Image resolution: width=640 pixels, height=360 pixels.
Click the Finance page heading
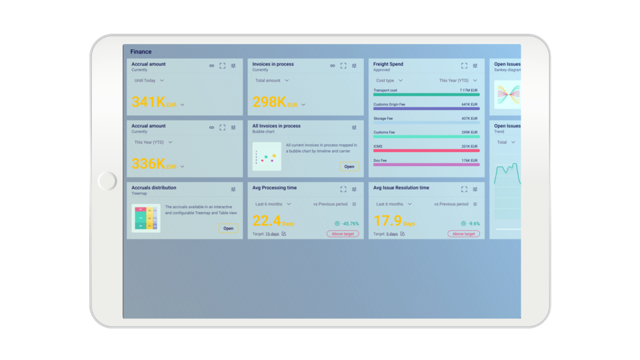[141, 51]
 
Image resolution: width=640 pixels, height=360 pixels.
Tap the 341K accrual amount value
[149, 102]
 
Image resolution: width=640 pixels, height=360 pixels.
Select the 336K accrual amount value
[149, 164]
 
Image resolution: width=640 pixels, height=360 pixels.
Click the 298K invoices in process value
[269, 102]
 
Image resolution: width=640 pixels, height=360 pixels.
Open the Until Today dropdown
[149, 81]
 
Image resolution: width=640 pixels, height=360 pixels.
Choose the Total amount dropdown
[272, 81]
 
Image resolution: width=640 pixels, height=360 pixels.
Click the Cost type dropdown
[389, 81]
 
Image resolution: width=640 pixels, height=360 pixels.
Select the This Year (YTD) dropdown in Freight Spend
[457, 81]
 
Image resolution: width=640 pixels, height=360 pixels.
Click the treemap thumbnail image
[146, 218]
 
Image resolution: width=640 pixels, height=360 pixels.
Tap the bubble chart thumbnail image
[267, 157]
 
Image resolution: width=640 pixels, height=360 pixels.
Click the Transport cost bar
[426, 95]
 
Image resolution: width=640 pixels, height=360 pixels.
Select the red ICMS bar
[426, 151]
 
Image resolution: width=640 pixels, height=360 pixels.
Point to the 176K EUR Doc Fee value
[469, 160]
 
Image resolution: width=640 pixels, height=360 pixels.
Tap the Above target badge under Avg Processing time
[343, 234]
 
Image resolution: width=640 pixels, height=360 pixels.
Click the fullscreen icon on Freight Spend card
[464, 66]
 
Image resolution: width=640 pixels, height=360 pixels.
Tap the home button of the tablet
[107, 181]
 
